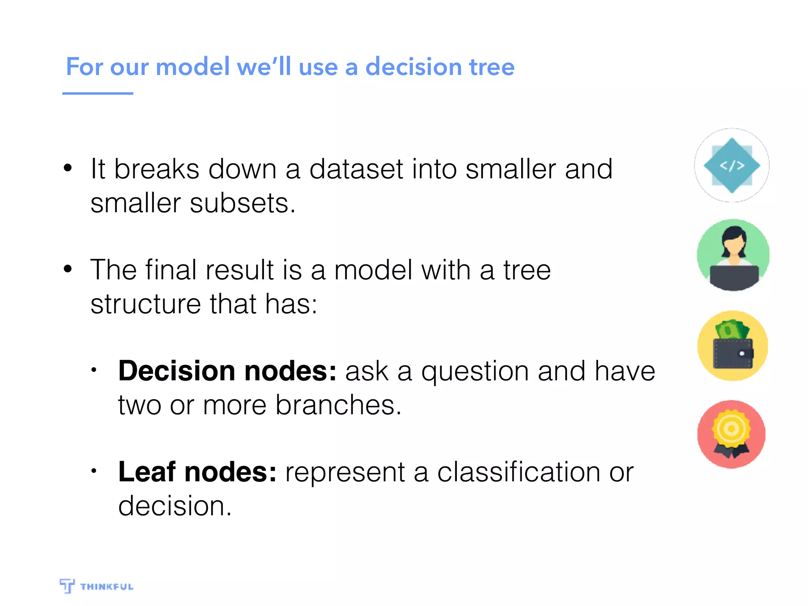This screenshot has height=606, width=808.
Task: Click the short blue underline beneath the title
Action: [x=97, y=94]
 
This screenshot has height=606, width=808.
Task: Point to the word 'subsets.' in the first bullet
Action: [x=242, y=204]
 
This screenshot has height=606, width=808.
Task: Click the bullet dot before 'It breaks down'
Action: [x=68, y=168]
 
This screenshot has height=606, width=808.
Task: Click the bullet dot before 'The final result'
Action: [x=68, y=269]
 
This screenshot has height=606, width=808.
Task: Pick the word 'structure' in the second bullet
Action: [x=146, y=304]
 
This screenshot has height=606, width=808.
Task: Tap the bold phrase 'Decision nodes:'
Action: [x=227, y=371]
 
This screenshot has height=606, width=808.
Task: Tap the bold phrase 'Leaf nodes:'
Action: [x=197, y=472]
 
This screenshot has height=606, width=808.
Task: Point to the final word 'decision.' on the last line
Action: [x=175, y=506]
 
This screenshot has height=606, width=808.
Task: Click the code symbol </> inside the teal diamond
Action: [x=732, y=166]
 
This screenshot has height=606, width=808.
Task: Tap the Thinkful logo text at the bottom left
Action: [x=107, y=587]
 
